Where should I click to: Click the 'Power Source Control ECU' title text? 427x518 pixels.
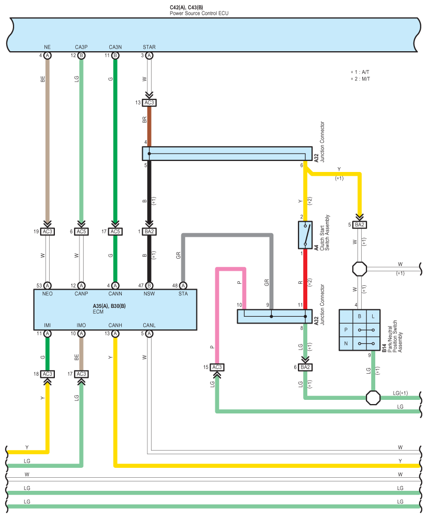tap(199, 13)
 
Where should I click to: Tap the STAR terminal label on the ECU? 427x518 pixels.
tap(149, 47)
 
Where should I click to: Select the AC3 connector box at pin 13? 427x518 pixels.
tap(149, 103)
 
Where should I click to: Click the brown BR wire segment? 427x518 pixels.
tap(149, 126)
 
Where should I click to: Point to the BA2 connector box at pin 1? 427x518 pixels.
tap(149, 232)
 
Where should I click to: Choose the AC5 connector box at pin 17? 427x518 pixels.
tap(116, 232)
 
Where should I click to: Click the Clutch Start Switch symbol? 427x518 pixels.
tap(305, 235)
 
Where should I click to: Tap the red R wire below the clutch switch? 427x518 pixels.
tap(305, 279)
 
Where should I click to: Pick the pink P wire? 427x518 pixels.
tap(231, 316)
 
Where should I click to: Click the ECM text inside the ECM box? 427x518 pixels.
tap(98, 312)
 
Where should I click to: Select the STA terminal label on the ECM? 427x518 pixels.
tap(183, 294)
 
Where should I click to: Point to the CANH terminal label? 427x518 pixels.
tap(116, 325)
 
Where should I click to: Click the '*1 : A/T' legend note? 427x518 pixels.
tap(360, 72)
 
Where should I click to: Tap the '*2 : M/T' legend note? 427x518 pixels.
tap(360, 79)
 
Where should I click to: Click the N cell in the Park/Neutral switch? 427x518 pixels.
tap(346, 343)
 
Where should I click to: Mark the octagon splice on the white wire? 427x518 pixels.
tap(360, 269)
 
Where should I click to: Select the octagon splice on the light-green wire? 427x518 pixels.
tap(373, 398)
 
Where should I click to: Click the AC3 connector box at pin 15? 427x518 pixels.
tap(217, 367)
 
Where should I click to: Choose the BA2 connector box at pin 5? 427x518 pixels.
tap(360, 225)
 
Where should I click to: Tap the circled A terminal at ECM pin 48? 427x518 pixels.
tap(183, 286)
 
